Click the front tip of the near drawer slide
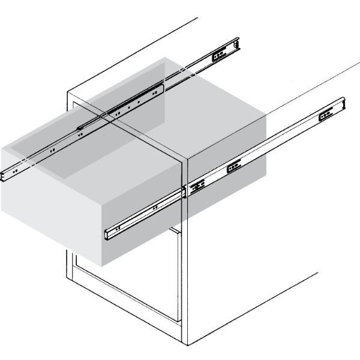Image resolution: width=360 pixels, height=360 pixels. pyautogui.click(x=108, y=234)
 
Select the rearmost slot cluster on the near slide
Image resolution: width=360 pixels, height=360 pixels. pyautogui.click(x=326, y=113)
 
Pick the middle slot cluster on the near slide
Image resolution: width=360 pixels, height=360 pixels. pyautogui.click(x=233, y=166)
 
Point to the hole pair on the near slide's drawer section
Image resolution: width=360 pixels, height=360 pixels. pyautogui.click(x=155, y=208)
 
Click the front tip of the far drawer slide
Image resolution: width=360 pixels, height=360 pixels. pyautogui.click(x=4, y=173)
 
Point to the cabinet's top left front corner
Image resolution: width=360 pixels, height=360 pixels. pyautogui.click(x=67, y=93)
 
